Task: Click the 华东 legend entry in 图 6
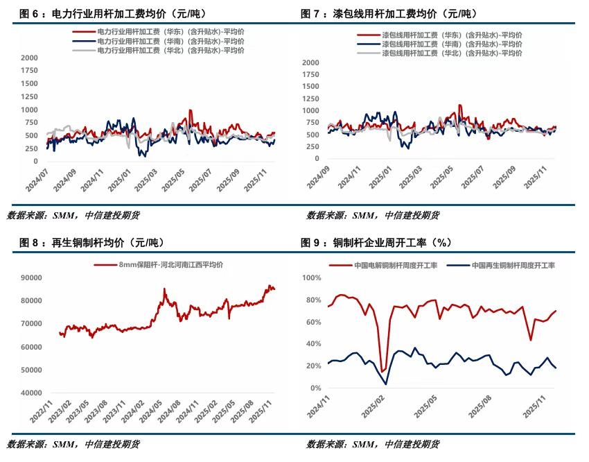tap(170, 32)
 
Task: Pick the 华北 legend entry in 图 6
tap(170, 50)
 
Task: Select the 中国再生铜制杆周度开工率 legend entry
tap(513, 265)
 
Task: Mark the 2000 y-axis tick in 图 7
tap(310, 62)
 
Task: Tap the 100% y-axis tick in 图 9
tap(311, 277)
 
